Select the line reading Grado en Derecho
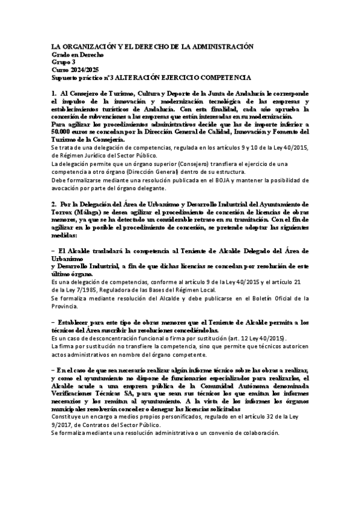pyautogui.click(x=78, y=54)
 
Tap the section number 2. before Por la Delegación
pyautogui.click(x=55, y=204)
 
